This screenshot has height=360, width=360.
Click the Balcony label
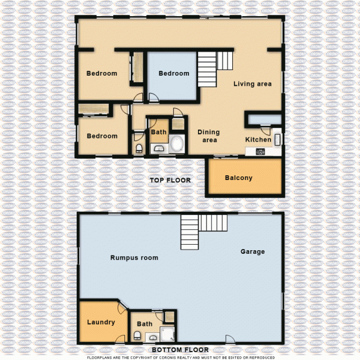(238, 178)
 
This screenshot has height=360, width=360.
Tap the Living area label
(253, 84)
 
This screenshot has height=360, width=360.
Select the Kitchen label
(258, 140)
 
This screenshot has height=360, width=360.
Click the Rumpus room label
(134, 258)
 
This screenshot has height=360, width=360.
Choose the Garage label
(253, 251)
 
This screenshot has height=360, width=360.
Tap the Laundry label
(101, 322)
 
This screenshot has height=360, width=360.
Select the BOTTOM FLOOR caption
(180, 350)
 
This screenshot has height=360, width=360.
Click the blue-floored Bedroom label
(174, 74)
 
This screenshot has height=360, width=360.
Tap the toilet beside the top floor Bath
(139, 148)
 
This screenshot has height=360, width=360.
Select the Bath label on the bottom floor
(145, 324)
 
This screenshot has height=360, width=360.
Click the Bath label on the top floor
(158, 132)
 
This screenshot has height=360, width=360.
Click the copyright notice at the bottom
(180, 357)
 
